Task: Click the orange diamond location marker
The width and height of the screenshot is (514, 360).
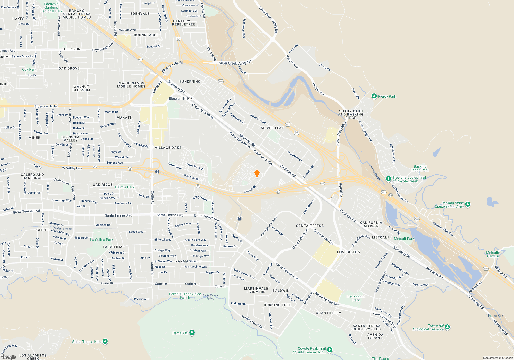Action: pyautogui.click(x=257, y=173)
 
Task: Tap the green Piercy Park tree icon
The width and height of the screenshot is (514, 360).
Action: pyautogui.click(x=374, y=96)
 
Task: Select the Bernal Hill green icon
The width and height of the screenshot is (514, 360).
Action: pyautogui.click(x=192, y=333)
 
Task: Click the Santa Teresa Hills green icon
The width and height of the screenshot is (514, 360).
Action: pyautogui.click(x=105, y=341)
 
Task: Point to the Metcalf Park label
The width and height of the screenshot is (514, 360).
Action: pyautogui.click(x=404, y=239)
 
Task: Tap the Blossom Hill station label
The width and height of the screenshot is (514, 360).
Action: pyautogui.click(x=179, y=98)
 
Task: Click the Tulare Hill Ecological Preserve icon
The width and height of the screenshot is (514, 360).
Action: pyautogui.click(x=447, y=327)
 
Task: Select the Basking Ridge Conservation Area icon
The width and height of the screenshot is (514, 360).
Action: pyautogui.click(x=468, y=204)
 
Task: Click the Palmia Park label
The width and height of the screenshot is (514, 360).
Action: pyautogui.click(x=125, y=187)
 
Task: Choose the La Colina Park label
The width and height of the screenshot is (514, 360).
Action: pyautogui.click(x=102, y=240)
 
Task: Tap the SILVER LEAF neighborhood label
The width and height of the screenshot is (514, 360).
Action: pyautogui.click(x=272, y=128)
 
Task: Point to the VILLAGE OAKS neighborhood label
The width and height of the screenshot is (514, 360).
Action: pyautogui.click(x=168, y=148)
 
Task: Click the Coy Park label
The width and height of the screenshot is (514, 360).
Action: pyautogui.click(x=29, y=69)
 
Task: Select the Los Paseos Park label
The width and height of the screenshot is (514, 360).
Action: pyautogui.click(x=356, y=298)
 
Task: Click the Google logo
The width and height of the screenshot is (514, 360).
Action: pyautogui.click(x=9, y=357)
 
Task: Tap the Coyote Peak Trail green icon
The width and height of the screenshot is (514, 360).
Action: pyautogui.click(x=330, y=349)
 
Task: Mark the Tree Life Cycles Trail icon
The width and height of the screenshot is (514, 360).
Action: pyautogui.click(x=389, y=179)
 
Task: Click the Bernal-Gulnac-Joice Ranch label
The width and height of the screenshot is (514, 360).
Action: pyautogui.click(x=185, y=296)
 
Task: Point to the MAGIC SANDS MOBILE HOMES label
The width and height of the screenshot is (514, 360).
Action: pyautogui.click(x=131, y=85)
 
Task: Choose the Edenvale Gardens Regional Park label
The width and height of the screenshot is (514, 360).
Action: pyautogui.click(x=51, y=7)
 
